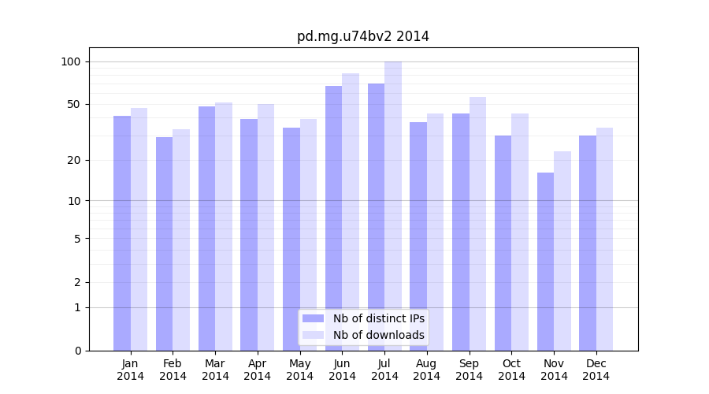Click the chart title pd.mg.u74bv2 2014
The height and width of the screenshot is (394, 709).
(x=362, y=36)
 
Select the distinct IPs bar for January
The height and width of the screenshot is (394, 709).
(x=122, y=233)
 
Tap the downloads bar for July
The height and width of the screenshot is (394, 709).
(x=393, y=206)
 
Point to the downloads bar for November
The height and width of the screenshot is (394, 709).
(x=562, y=251)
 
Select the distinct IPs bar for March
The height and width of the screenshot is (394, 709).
(x=206, y=229)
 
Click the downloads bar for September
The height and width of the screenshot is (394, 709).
(x=477, y=224)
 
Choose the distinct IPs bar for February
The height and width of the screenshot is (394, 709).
(x=164, y=243)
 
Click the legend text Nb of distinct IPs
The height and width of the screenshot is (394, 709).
(x=378, y=318)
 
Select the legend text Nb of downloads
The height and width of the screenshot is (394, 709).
(x=378, y=335)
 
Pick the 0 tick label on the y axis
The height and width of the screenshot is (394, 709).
(x=78, y=351)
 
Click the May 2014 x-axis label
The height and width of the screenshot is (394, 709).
(x=300, y=370)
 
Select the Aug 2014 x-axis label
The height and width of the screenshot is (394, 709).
(x=427, y=370)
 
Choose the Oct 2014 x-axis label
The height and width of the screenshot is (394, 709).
(x=511, y=370)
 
